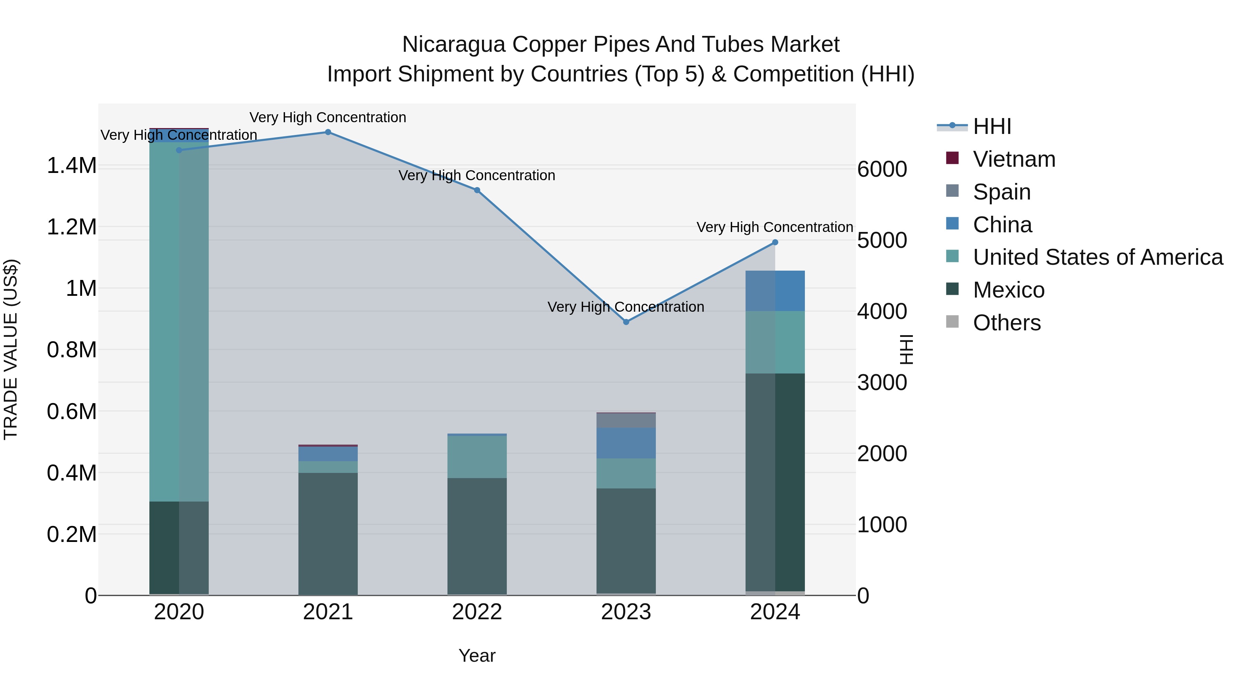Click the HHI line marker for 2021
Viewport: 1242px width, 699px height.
(x=328, y=132)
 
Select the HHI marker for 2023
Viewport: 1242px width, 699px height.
(x=626, y=322)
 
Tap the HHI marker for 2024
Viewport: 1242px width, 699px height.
(x=775, y=243)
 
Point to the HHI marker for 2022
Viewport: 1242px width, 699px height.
(x=477, y=190)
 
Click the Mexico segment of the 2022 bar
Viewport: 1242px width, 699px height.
(x=477, y=535)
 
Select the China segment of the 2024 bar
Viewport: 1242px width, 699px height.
(x=775, y=291)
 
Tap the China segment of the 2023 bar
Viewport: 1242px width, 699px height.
(x=626, y=443)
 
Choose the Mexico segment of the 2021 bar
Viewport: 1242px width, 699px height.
(x=328, y=533)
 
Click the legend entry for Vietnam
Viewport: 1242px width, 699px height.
(x=1014, y=159)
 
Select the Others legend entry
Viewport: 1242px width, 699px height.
(x=1006, y=323)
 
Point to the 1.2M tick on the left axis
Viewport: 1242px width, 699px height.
(x=71, y=227)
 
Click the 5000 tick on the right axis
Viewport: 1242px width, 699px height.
(x=882, y=240)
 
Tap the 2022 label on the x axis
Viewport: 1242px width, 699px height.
(x=477, y=612)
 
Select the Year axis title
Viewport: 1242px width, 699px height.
(x=477, y=656)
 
